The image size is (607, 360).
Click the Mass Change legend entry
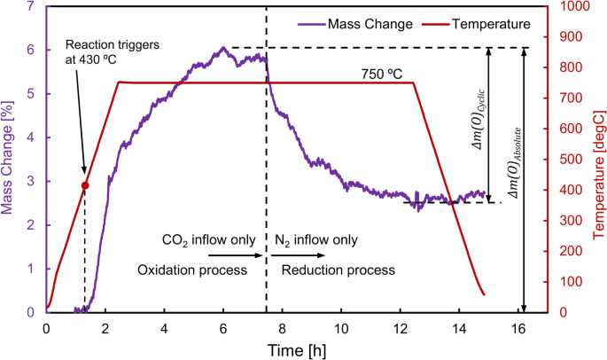point(362,24)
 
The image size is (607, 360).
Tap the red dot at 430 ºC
point(85,185)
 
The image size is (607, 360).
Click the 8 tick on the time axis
point(282,326)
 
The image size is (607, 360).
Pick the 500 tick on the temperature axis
point(564,160)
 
